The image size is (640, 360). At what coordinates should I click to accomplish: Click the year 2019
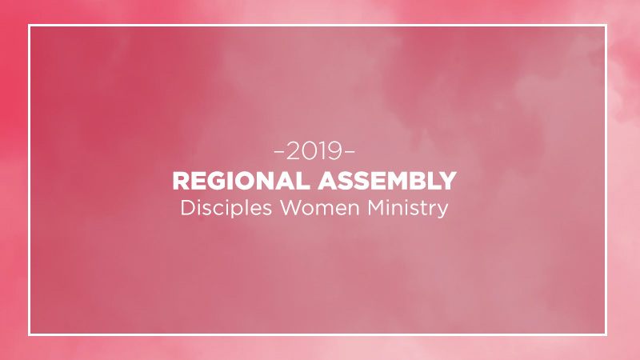314,151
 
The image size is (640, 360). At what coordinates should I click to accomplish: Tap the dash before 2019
279,152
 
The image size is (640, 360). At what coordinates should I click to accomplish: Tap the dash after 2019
350,152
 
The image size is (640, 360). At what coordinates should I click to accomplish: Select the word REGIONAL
242,181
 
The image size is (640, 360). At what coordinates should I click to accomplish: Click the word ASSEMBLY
387,181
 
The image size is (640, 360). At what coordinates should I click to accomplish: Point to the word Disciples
226,208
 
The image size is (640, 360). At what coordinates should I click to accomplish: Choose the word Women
319,208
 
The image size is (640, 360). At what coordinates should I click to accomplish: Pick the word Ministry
408,209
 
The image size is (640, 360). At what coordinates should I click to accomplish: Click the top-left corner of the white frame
30,26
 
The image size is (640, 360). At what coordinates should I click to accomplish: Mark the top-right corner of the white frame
606,26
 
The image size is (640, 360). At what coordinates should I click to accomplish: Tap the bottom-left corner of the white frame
30,334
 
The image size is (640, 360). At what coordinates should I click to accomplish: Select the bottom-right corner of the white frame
606,334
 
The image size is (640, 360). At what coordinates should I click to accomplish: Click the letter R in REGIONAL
181,181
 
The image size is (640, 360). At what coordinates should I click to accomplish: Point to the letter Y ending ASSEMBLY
448,181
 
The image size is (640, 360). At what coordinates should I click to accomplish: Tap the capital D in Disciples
188,208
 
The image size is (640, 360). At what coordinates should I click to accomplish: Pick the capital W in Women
291,208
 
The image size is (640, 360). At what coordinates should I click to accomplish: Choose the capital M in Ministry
376,208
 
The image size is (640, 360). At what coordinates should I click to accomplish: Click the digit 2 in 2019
293,151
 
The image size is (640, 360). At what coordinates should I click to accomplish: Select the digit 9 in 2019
334,151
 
